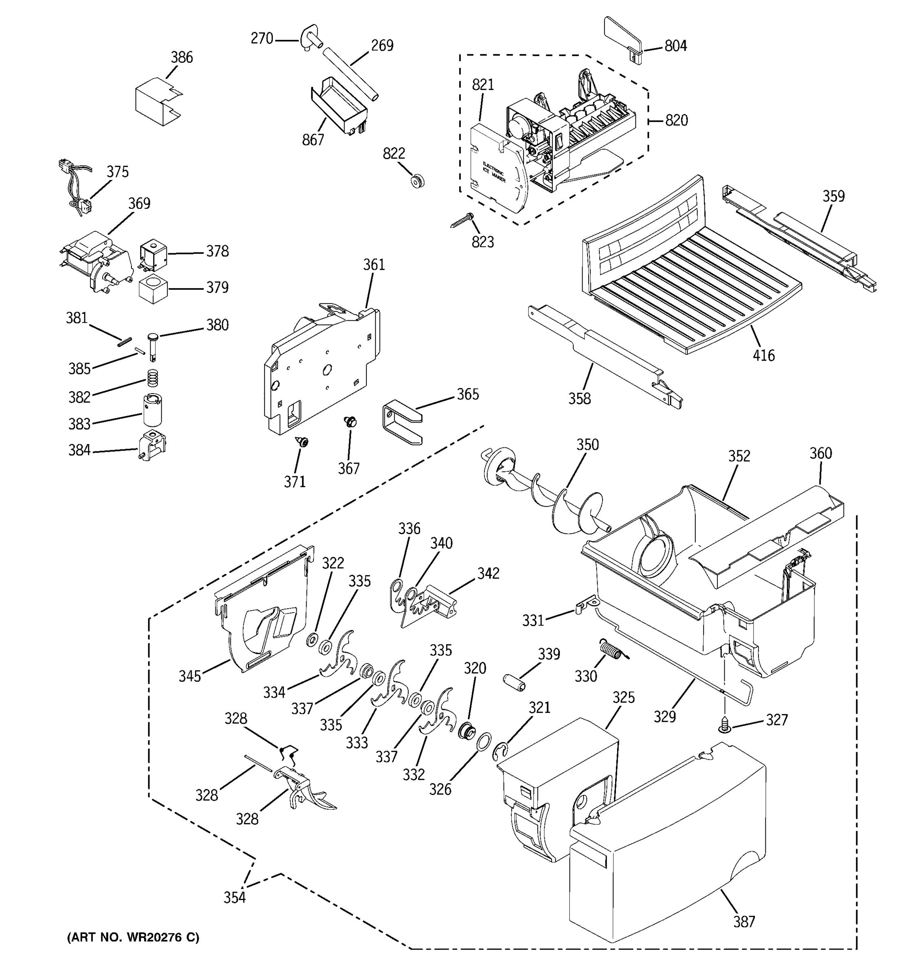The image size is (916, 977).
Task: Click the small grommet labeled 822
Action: coord(417,181)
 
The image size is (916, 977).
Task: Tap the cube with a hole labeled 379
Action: coord(153,289)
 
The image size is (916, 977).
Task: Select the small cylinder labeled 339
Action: coord(515,683)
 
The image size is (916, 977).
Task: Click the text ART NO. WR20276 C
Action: coord(133,937)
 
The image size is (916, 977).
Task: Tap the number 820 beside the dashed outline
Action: coord(676,120)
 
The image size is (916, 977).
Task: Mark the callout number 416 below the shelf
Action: coord(764,355)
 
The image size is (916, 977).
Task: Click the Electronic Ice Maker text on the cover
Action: coord(493,173)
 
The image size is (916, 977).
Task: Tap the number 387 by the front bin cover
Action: coord(744,922)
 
